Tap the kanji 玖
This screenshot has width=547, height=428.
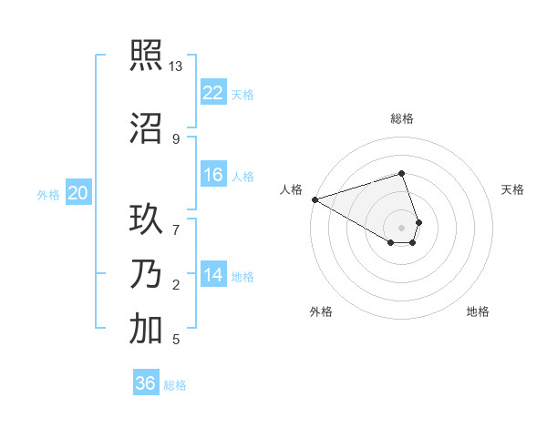(x=146, y=219)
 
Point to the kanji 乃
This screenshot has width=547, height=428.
(x=146, y=273)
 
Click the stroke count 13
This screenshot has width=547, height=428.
(x=176, y=66)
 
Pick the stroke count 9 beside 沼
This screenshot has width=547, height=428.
(x=176, y=138)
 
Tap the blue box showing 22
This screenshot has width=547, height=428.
(x=212, y=92)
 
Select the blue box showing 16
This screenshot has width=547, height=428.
(x=212, y=175)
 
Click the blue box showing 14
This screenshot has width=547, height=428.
(x=212, y=275)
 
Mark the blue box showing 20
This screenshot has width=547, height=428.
(x=77, y=193)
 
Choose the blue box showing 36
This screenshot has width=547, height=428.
(x=145, y=383)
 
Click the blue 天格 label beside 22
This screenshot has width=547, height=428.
(x=243, y=94)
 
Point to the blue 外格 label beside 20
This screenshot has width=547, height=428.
(x=47, y=194)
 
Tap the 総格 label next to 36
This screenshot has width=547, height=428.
(x=175, y=385)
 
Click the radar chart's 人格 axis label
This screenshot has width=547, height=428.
(x=291, y=189)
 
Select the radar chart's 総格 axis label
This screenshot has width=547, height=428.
(x=402, y=118)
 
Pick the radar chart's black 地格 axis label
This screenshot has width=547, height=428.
(x=478, y=311)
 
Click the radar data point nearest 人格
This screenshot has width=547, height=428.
(x=315, y=199)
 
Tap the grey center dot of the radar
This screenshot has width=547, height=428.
(x=402, y=227)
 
